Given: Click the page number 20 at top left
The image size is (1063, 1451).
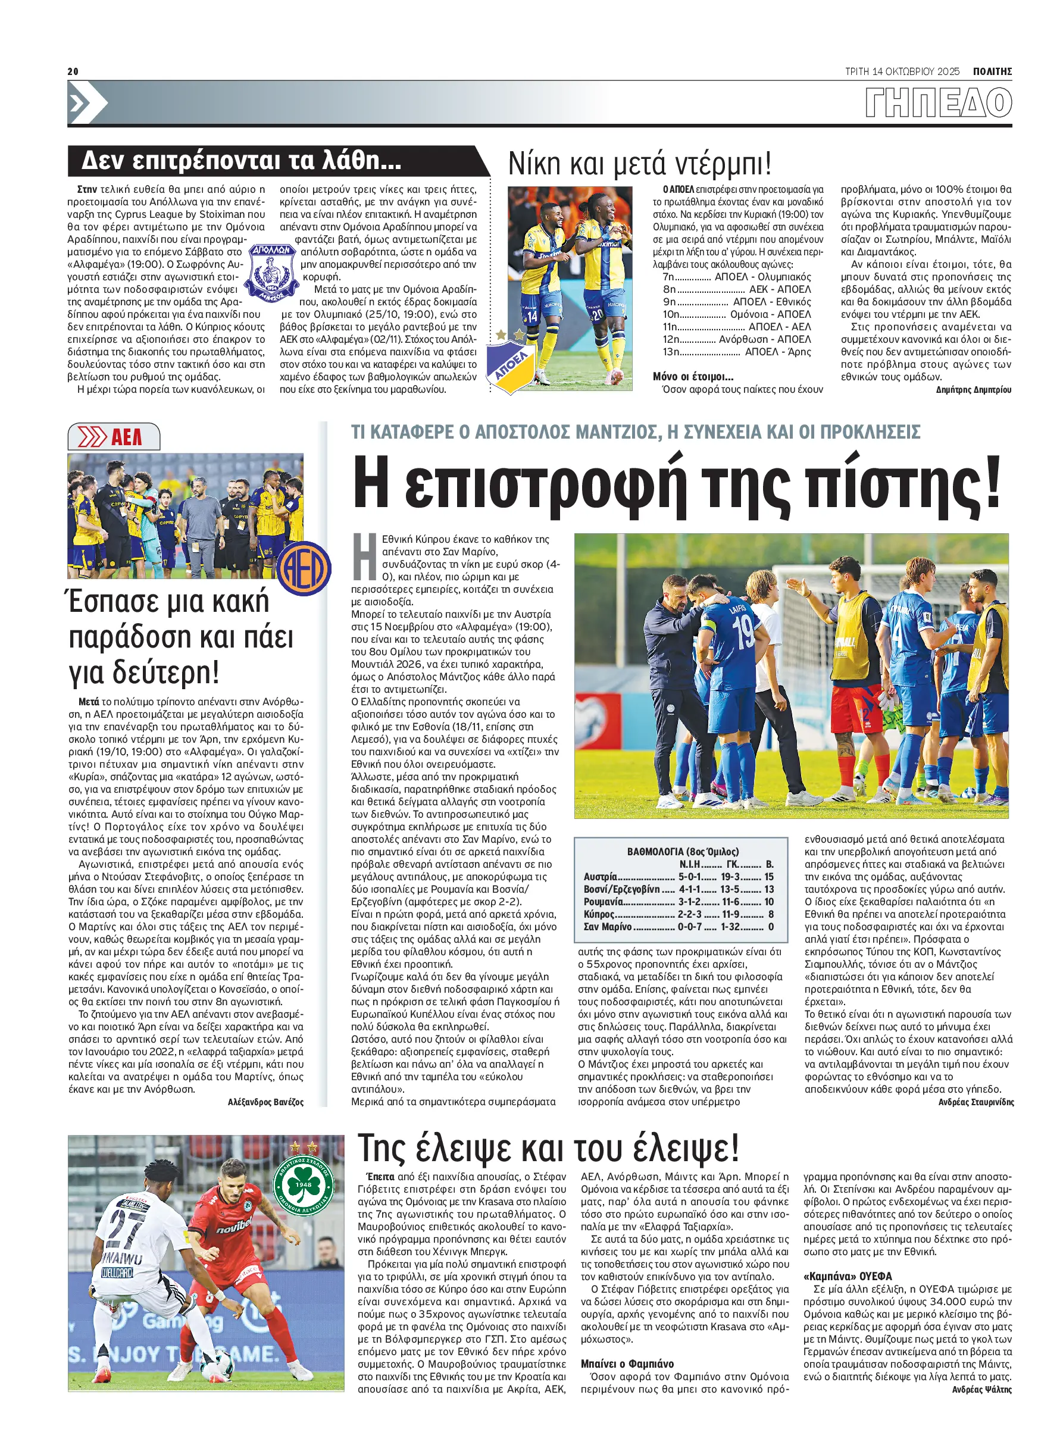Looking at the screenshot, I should [73, 71].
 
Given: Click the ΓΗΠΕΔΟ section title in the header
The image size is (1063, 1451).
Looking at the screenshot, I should [938, 103].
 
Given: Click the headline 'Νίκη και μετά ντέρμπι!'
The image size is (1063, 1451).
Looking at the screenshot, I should [639, 164].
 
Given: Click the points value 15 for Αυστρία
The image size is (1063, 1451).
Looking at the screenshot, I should [769, 877].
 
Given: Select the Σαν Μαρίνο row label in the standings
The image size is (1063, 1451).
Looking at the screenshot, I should [608, 927].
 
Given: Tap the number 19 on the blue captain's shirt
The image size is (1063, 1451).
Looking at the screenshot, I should [743, 633].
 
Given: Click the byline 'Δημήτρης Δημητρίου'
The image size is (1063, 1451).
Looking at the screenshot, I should [974, 390].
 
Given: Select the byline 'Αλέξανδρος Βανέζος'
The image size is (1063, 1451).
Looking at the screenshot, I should [265, 1102].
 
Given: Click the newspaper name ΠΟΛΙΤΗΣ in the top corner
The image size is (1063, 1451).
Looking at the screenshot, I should [992, 71].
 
